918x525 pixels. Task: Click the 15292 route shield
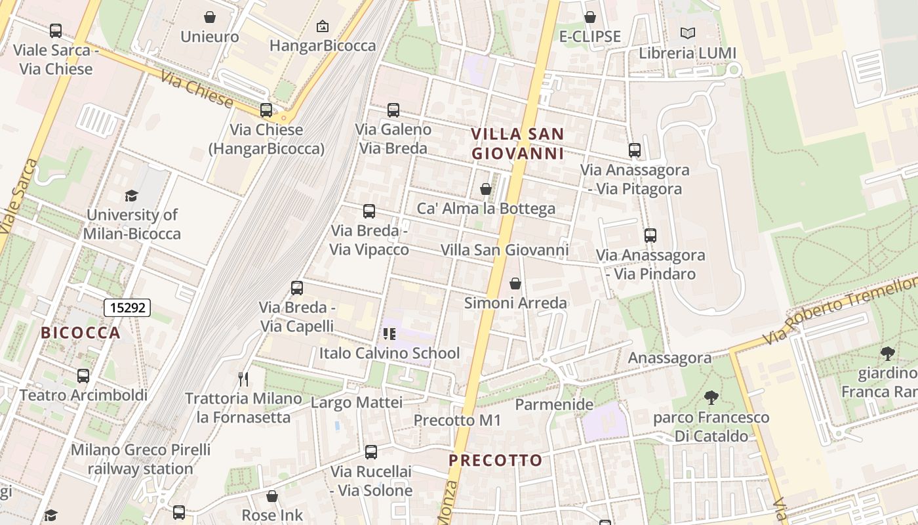(x=127, y=307)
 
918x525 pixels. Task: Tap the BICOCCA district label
(x=81, y=333)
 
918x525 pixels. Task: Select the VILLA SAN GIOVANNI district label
(x=517, y=144)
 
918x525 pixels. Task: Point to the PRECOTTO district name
(x=496, y=461)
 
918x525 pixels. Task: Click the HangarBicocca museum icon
(x=323, y=27)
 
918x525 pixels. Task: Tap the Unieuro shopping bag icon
(x=210, y=17)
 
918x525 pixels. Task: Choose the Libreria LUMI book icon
(x=687, y=33)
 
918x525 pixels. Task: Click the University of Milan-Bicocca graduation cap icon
(x=132, y=196)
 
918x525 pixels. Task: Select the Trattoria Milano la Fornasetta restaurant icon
(x=243, y=379)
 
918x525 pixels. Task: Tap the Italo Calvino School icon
(x=389, y=334)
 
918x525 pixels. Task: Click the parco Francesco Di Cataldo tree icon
(x=711, y=398)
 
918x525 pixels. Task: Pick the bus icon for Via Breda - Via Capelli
(x=297, y=287)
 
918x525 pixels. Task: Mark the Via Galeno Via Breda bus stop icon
(x=393, y=110)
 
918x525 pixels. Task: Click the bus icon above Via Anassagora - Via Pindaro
(x=650, y=235)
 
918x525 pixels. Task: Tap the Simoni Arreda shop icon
(x=515, y=283)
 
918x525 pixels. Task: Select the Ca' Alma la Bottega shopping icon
(x=486, y=189)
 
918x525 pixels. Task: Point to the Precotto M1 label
(x=457, y=420)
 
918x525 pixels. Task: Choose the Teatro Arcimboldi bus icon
(x=83, y=376)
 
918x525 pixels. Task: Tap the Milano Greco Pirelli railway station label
(x=140, y=459)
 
